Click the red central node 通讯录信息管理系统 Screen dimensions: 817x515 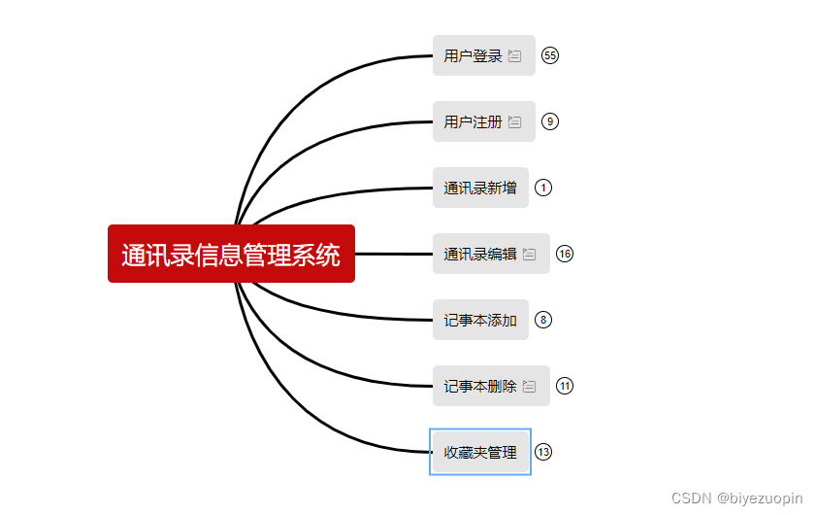click(231, 255)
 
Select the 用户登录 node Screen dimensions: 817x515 click(474, 56)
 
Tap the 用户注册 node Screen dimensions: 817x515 click(474, 122)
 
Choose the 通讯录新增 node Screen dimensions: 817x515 click(480, 189)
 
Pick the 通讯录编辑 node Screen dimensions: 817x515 click(480, 255)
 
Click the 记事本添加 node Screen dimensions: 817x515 click(480, 321)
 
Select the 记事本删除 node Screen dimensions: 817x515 click(480, 387)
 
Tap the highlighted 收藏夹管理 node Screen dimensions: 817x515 click(480, 453)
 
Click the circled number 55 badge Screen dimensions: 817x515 click(550, 55)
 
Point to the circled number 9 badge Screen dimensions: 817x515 click(550, 121)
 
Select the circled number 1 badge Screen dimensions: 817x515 click(543, 188)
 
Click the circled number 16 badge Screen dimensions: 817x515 click(565, 254)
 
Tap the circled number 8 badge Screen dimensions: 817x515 click(543, 320)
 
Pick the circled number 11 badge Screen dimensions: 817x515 click(565, 386)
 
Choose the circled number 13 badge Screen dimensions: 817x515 click(543, 452)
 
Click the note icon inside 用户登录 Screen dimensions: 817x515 click(515, 56)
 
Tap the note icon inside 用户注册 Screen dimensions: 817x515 click(515, 122)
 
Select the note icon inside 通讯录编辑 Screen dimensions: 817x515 click(530, 255)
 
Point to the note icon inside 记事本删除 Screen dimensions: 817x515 click(530, 387)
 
